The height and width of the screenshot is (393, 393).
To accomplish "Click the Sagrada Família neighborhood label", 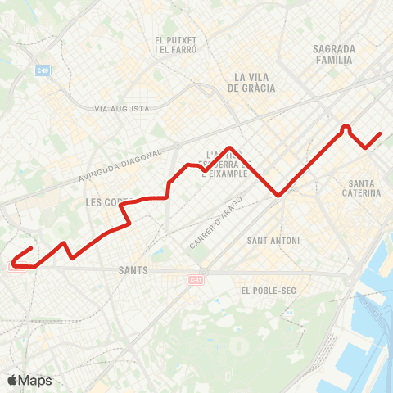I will pyautogui.click(x=333, y=54).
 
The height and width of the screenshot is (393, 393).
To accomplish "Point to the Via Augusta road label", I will pyautogui.click(x=122, y=108).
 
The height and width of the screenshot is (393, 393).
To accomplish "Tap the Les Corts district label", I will pyautogui.click(x=106, y=201).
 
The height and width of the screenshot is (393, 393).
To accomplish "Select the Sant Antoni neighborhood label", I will pyautogui.click(x=273, y=241).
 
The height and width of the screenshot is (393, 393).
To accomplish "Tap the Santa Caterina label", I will pyautogui.click(x=364, y=187).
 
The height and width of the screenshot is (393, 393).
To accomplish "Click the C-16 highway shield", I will pyautogui.click(x=43, y=70).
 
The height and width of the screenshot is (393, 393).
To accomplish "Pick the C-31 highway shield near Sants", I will pyautogui.click(x=195, y=281).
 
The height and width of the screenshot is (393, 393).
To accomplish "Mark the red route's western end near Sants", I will pyautogui.click(x=31, y=248).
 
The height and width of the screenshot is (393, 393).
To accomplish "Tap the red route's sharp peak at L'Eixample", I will pyautogui.click(x=231, y=148).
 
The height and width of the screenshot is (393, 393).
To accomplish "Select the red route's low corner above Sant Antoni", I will pyautogui.click(x=279, y=195).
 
